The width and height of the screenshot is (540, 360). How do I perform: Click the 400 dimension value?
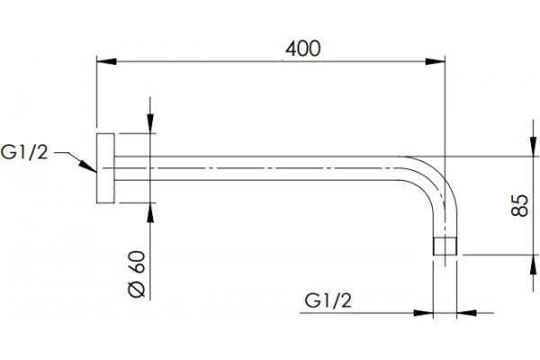[303, 49]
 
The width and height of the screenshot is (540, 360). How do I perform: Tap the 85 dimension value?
[519, 206]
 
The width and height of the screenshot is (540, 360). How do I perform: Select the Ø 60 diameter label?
[137, 274]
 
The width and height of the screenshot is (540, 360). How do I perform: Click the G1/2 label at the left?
[24, 152]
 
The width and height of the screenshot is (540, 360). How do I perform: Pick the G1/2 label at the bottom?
[328, 301]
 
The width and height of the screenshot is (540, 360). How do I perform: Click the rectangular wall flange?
[105, 168]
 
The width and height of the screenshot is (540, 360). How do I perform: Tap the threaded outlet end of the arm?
[445, 246]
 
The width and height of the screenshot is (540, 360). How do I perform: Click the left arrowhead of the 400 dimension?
[106, 62]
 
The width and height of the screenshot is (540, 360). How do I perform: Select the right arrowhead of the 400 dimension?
[436, 62]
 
